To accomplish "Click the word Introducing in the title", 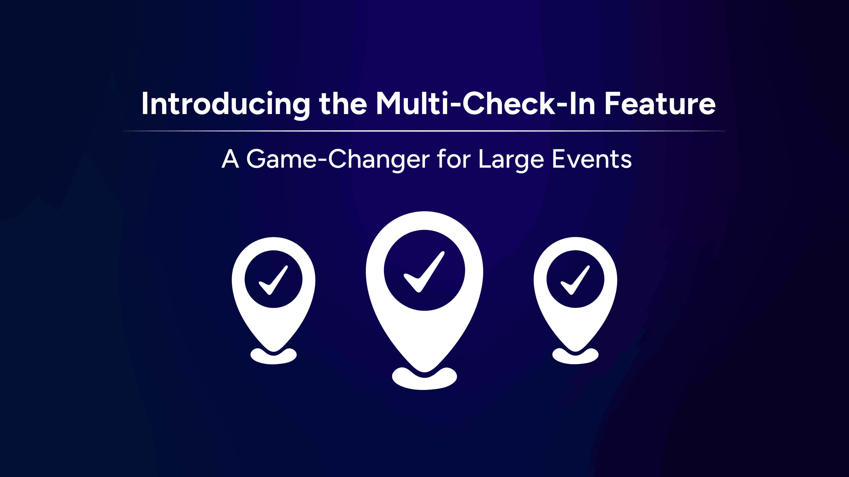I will pyautogui.click(x=226, y=104).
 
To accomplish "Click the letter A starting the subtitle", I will pyautogui.click(x=230, y=160).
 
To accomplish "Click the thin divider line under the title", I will pyautogui.click(x=424, y=131).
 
